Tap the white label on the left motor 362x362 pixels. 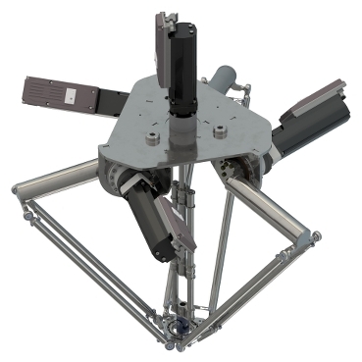point(71,95)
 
